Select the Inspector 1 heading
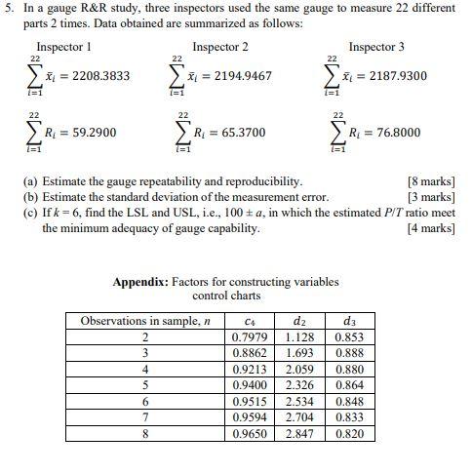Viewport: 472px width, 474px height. (64, 47)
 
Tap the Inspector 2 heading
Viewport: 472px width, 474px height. (220, 47)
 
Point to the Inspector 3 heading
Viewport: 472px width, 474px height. (376, 47)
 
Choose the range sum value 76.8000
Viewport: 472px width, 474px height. (388, 133)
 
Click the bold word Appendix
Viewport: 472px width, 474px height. (141, 282)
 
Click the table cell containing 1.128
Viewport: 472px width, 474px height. (298, 337)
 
